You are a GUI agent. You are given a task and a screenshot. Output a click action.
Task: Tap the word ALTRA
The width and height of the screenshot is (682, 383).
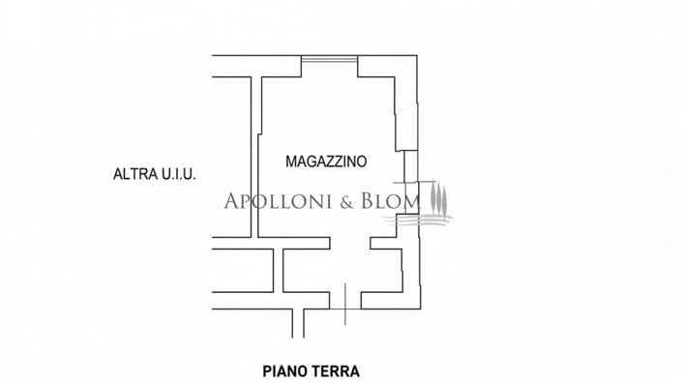(133, 175)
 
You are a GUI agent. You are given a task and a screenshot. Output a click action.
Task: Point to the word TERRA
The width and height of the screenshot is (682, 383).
(336, 369)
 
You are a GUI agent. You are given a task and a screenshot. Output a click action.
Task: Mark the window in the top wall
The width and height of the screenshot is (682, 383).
(329, 59)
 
